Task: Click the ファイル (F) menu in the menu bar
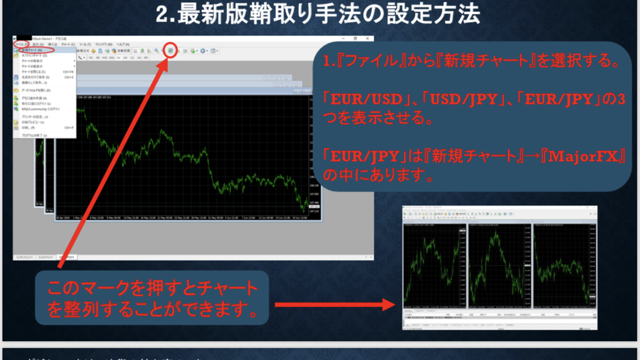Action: click(x=21, y=44)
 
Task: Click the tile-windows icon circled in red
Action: click(x=171, y=51)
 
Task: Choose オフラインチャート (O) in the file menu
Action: click(x=35, y=55)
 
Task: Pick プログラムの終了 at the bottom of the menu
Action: click(x=34, y=135)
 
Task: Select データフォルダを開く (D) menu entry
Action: click(x=36, y=91)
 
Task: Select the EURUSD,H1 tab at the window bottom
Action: click(x=26, y=257)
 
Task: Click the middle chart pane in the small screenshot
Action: click(x=499, y=264)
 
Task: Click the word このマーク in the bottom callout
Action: click(x=80, y=290)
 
